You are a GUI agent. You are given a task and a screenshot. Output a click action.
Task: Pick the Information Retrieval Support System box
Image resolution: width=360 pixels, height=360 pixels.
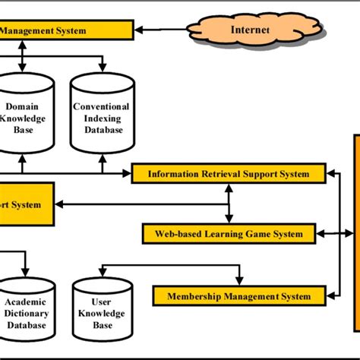(x=228, y=174)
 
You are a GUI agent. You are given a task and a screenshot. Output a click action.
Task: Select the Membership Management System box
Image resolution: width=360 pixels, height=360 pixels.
(x=238, y=295)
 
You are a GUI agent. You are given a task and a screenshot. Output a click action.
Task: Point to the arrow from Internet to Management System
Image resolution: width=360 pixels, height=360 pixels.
(x=163, y=31)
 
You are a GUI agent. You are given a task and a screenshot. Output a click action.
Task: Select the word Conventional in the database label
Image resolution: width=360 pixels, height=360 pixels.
(x=101, y=107)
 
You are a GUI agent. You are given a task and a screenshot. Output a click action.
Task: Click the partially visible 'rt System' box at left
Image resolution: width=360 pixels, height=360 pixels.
(x=27, y=204)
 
